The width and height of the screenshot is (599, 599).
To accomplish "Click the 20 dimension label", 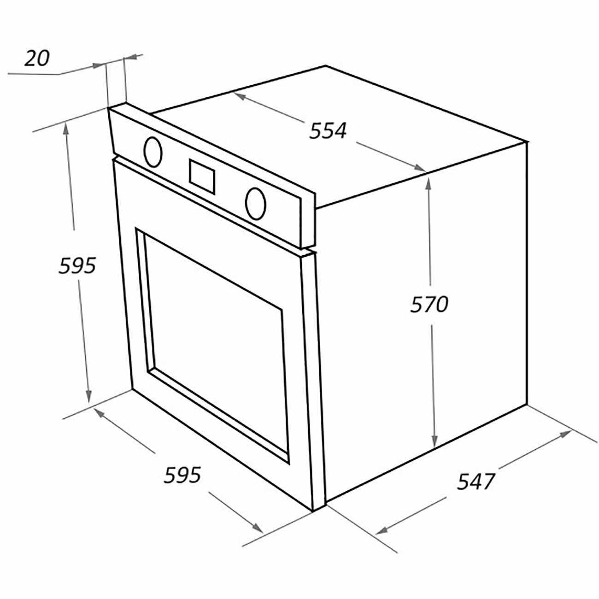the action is (37, 59).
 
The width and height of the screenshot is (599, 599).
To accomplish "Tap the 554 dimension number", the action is (328, 130).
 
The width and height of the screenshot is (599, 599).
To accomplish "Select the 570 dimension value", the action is (429, 304).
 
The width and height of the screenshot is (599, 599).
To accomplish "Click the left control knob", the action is (153, 152).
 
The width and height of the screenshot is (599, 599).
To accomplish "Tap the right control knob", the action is (255, 203).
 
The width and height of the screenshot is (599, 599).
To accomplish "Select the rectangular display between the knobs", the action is (202, 177).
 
